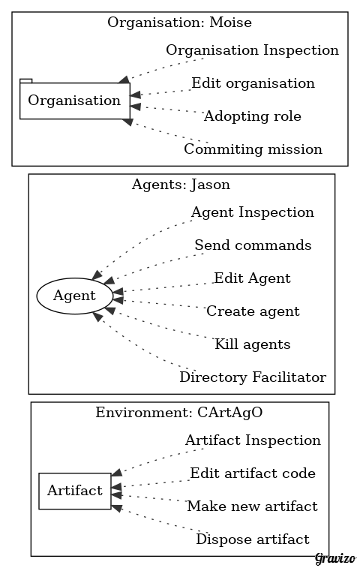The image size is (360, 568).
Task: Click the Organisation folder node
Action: (x=74, y=101)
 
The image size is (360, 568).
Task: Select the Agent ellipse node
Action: (x=74, y=296)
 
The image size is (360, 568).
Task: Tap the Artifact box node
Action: (x=75, y=491)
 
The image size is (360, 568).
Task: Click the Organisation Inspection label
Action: (x=253, y=50)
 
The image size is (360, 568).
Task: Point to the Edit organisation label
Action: (x=253, y=83)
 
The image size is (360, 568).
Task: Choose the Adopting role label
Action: (x=253, y=116)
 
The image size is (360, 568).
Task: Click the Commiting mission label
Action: (x=253, y=149)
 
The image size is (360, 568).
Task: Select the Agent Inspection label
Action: (x=253, y=212)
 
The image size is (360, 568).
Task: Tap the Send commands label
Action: (x=253, y=245)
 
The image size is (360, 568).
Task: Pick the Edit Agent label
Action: (x=253, y=278)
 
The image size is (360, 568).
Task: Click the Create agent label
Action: (x=253, y=311)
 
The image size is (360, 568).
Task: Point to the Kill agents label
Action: (x=253, y=344)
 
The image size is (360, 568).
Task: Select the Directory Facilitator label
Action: (x=253, y=377)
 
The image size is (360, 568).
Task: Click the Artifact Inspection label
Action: (x=253, y=440)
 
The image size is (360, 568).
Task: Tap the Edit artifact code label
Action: (x=253, y=473)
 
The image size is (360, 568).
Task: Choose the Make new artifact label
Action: (x=253, y=506)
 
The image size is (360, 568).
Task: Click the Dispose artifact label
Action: (x=253, y=539)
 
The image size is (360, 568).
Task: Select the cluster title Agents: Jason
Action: (x=181, y=185)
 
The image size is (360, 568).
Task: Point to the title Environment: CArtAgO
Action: (x=179, y=413)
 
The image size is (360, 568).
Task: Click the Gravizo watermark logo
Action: (x=335, y=558)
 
